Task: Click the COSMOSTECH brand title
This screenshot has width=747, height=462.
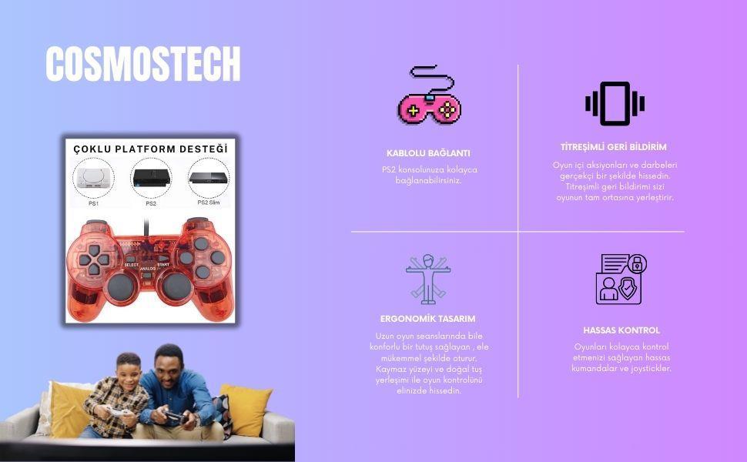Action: (x=143, y=64)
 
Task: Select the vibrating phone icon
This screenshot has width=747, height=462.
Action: (x=615, y=103)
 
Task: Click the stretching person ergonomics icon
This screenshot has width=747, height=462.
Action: (x=428, y=279)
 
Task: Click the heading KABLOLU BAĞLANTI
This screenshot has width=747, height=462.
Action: (x=428, y=153)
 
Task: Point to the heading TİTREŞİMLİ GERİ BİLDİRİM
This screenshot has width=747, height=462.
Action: (x=614, y=147)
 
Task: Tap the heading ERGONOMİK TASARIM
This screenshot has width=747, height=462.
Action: (x=428, y=319)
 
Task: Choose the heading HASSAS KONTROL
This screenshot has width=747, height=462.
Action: (x=621, y=330)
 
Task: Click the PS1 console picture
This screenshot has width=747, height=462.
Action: (x=93, y=179)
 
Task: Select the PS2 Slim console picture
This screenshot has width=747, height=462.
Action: (x=209, y=178)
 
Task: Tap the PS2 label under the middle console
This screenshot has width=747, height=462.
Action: (x=151, y=203)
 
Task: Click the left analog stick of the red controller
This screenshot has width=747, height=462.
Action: (x=120, y=286)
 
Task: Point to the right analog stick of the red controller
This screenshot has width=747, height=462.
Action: (x=177, y=286)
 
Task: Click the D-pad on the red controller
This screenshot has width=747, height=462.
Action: (x=94, y=260)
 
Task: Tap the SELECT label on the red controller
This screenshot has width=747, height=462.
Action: (x=132, y=265)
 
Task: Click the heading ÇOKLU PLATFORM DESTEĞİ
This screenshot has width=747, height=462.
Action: (x=150, y=149)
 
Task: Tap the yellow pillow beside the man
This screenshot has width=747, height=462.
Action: (x=247, y=409)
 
